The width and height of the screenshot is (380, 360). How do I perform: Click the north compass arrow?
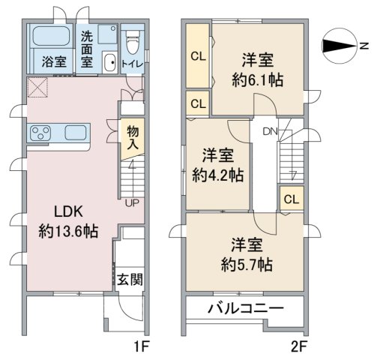[340, 46]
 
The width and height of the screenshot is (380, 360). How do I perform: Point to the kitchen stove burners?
[39, 134]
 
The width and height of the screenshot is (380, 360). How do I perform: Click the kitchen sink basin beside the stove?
[75, 134]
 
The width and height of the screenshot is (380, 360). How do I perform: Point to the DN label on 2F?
[270, 133]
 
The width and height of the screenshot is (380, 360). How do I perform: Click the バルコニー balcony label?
[244, 308]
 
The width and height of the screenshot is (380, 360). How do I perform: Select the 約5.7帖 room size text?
[247, 264]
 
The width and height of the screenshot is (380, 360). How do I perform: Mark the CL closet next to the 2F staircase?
[292, 199]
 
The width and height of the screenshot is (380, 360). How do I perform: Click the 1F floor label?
[142, 346]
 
